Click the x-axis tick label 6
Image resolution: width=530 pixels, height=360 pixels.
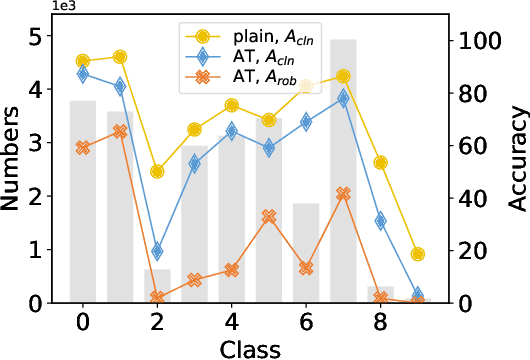pyautogui.click(x=306, y=322)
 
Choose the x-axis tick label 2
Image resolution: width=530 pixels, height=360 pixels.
pyautogui.click(x=157, y=322)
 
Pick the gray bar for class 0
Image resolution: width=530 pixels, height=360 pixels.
pyautogui.click(x=83, y=200)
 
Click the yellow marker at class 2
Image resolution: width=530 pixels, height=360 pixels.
pyautogui.click(x=157, y=172)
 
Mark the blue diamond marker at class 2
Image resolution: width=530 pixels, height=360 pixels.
pyautogui.click(x=157, y=252)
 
